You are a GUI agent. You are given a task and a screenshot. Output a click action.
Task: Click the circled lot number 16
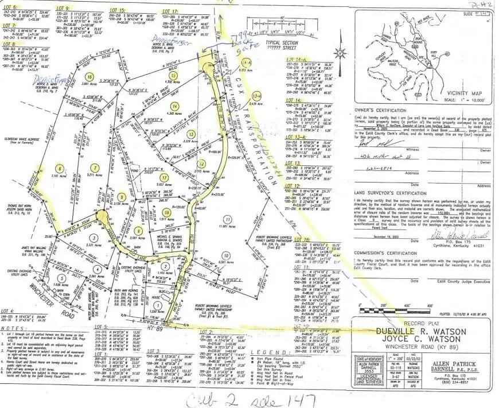[88, 76]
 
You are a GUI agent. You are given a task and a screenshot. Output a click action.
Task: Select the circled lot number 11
[228, 220]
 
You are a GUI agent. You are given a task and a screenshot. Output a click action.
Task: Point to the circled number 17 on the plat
[164, 178]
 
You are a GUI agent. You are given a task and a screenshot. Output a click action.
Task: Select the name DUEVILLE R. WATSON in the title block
[409, 332]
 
